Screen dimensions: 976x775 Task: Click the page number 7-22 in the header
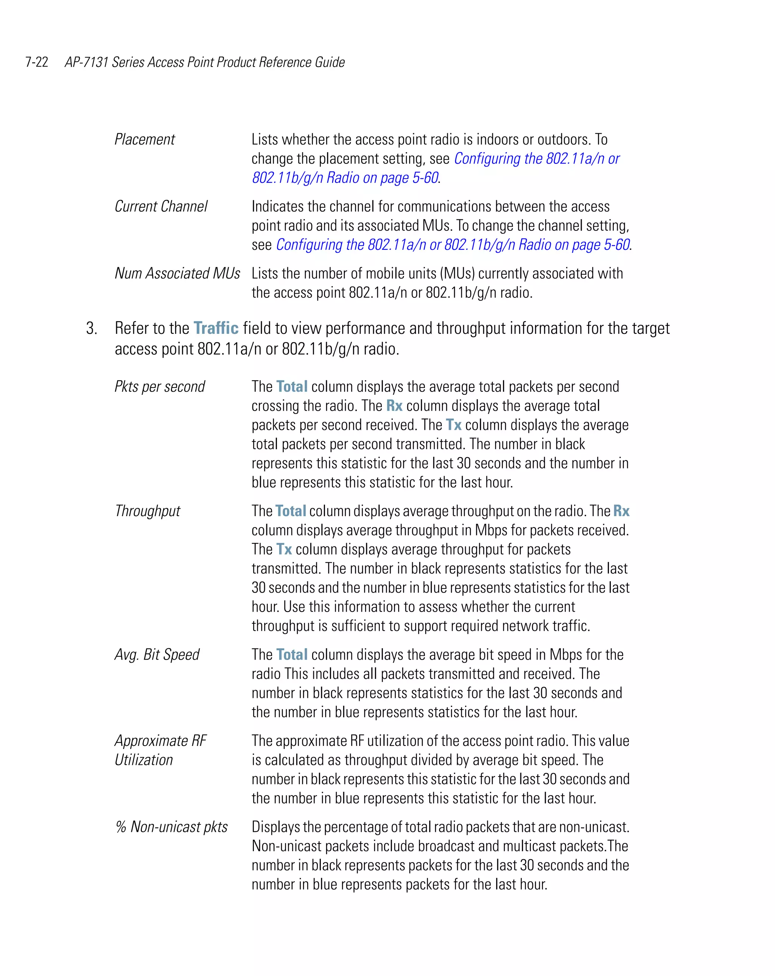tap(37, 62)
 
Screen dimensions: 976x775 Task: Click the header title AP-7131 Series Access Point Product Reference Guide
tap(205, 62)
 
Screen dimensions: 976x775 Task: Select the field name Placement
tap(145, 139)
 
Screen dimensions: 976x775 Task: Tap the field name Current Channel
tap(161, 206)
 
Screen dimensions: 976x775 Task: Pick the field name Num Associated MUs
tap(177, 274)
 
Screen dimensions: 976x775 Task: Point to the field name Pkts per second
tap(159, 387)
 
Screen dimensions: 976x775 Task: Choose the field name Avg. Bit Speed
tap(157, 655)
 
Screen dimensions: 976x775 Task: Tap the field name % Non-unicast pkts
tap(171, 827)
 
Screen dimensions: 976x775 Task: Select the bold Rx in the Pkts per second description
tap(394, 406)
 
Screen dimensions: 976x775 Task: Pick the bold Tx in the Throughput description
tap(284, 549)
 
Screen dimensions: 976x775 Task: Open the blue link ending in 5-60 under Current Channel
tap(453, 245)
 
